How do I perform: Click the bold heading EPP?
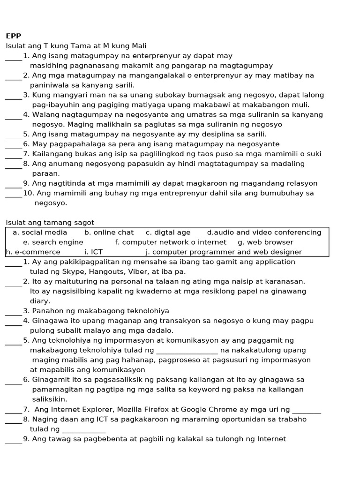tap(14, 36)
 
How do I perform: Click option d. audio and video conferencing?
tap(264, 232)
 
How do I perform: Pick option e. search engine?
tap(53, 242)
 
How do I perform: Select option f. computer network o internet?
tap(171, 242)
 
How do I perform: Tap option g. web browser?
tap(265, 242)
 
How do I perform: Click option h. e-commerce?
tap(33, 252)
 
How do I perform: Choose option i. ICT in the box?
tap(93, 252)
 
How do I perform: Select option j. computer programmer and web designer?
tap(224, 252)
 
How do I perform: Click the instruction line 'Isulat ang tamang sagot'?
tap(50, 223)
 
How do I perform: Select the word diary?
tap(40, 301)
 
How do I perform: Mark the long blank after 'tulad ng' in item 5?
tap(187, 351)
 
